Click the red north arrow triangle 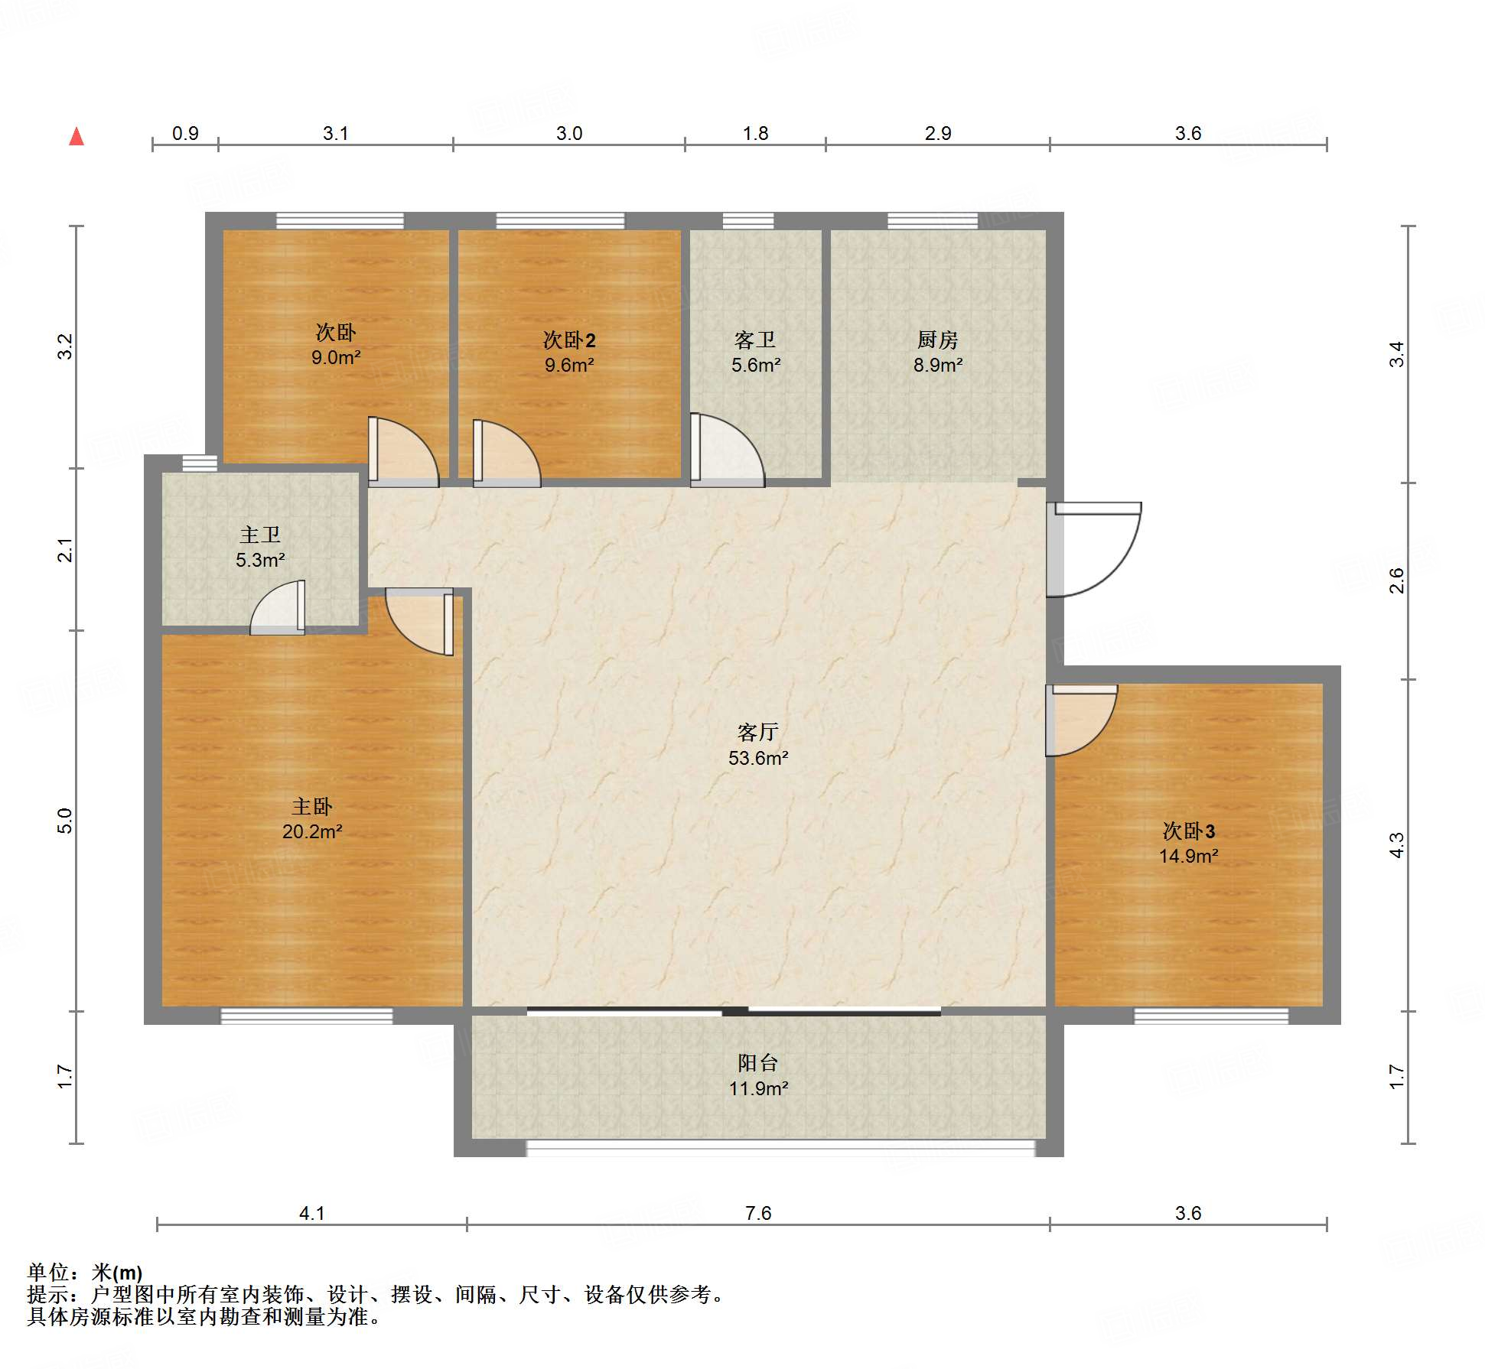77,136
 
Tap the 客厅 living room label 757,732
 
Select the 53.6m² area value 758,758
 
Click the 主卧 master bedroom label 312,806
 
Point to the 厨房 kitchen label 937,339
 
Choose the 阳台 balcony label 757,1062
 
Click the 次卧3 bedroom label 1188,831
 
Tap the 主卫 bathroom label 260,535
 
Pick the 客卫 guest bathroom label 755,339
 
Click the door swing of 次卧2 507,454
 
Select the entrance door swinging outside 1094,549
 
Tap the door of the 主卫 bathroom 278,607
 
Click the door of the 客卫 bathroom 728,450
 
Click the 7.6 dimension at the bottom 758,1213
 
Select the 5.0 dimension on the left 65,821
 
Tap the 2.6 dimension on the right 1397,580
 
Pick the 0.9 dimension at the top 185,133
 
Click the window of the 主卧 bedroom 307,1016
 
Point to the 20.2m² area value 312,831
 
